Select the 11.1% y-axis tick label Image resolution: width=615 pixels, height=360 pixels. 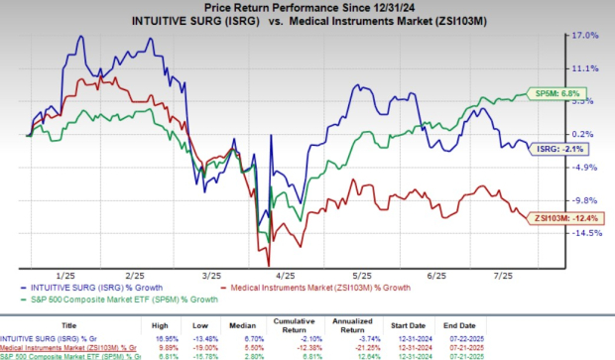point(586,68)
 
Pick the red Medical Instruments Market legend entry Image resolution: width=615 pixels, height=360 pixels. point(298,288)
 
